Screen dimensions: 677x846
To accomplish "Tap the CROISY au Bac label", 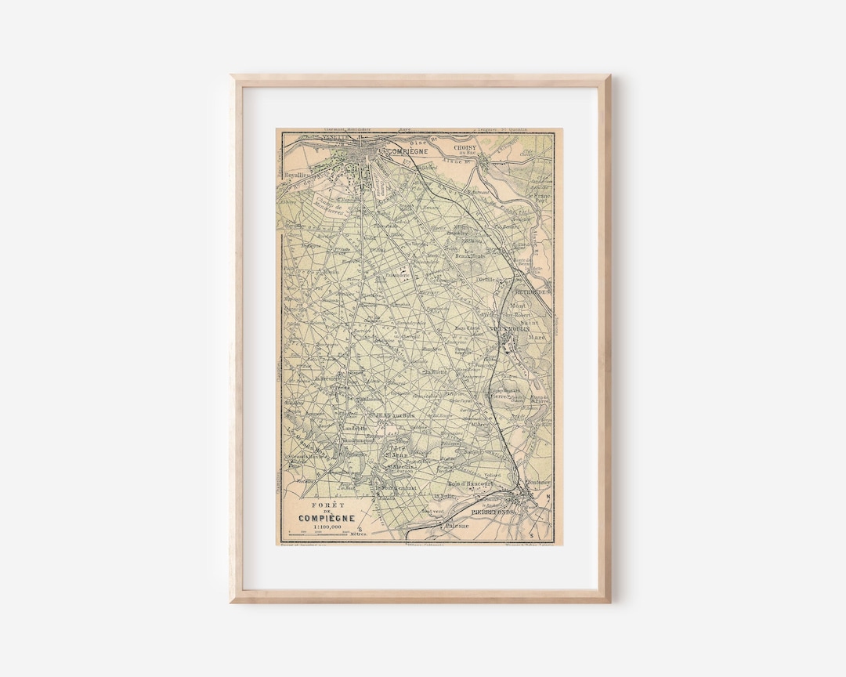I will pos(470,149).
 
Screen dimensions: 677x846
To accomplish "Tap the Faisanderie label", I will pos(399,276).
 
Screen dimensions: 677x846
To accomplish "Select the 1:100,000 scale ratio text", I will pos(326,527).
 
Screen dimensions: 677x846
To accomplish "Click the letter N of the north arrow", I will pos(547,496).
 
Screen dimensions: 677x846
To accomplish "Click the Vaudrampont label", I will pos(358,440).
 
